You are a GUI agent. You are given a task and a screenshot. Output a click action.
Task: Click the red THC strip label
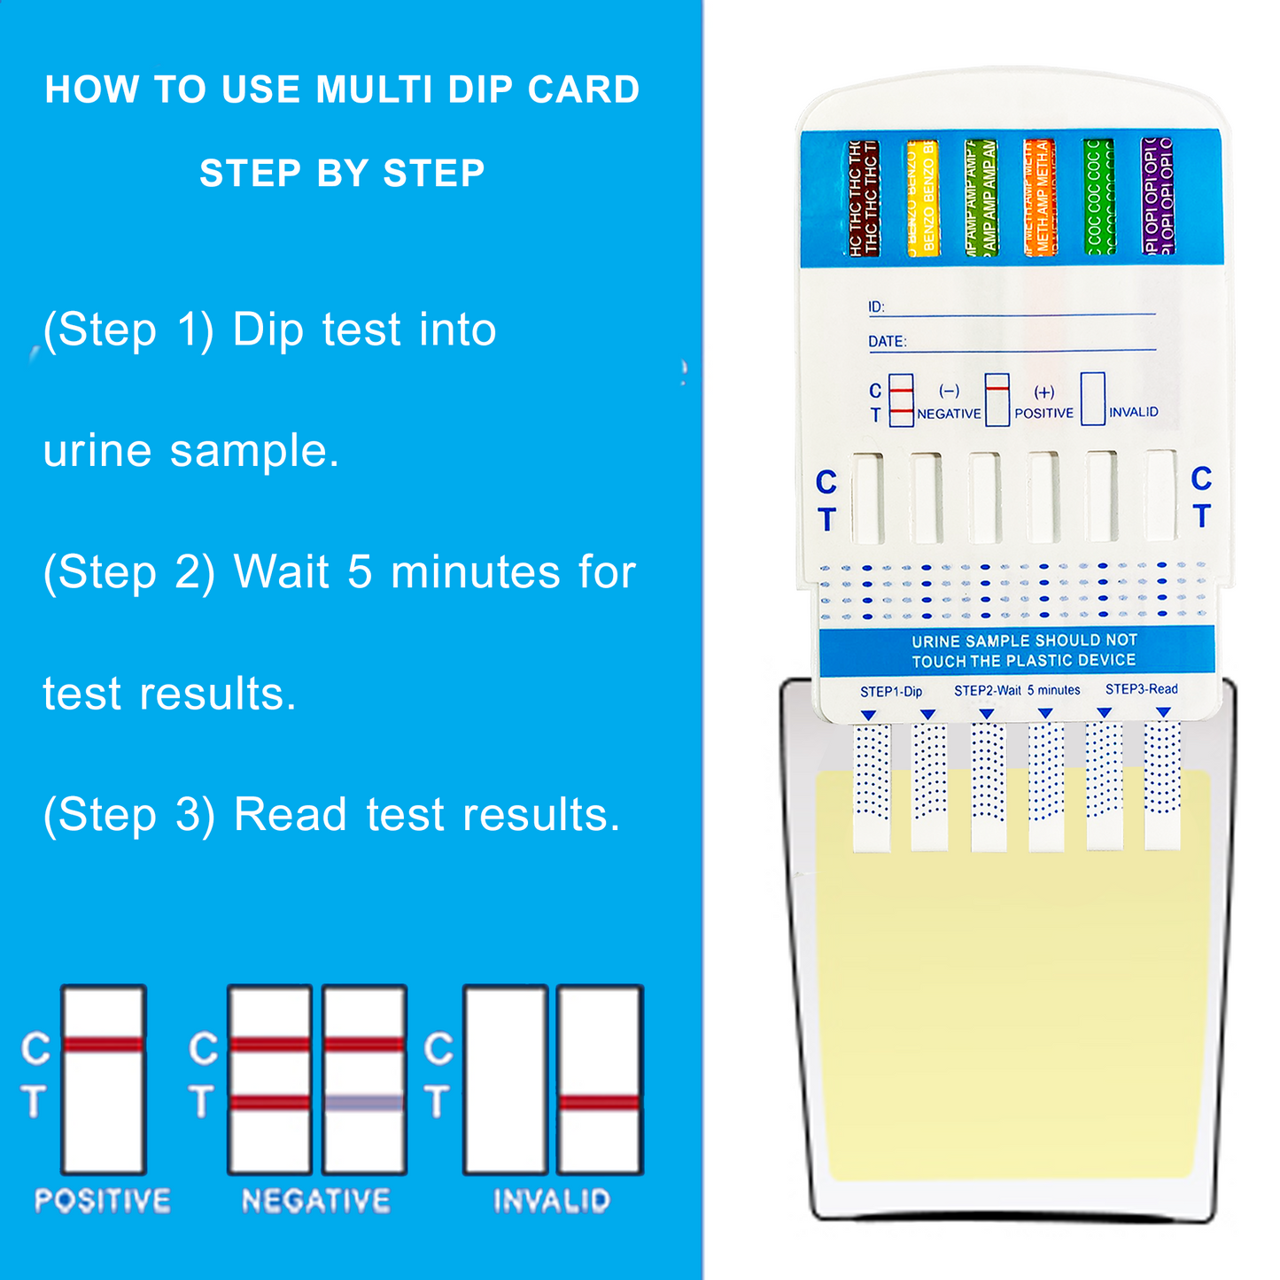point(862,198)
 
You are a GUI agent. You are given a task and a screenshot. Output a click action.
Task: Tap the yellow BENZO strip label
point(921,198)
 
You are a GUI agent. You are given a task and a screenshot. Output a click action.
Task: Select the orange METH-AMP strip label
point(1039,198)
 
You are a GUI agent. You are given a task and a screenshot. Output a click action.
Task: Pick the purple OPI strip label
point(1157,197)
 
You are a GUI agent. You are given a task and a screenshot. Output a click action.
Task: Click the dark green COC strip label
point(1098,198)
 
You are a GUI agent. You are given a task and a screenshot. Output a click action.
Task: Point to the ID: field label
point(876,307)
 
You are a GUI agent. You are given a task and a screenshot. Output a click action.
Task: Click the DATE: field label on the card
point(887,342)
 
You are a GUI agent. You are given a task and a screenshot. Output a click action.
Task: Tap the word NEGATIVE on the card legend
point(949,414)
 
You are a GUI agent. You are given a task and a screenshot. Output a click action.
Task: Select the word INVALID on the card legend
point(1133,413)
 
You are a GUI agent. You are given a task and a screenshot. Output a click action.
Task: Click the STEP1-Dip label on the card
point(891,691)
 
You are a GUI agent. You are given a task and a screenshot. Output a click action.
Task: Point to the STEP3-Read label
point(1141,689)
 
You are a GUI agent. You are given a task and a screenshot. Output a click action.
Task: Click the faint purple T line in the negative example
point(364,1103)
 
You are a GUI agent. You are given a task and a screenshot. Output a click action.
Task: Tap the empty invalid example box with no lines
point(505,1080)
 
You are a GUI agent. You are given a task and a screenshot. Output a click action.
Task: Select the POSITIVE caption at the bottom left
point(103,1201)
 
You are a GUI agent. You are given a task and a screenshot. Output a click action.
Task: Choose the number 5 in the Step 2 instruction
point(360,572)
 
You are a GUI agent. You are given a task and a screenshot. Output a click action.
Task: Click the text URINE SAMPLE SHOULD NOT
point(1024,640)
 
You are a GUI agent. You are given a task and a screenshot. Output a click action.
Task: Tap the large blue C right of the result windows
point(1201,478)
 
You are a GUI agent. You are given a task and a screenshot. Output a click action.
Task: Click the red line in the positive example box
point(104,1045)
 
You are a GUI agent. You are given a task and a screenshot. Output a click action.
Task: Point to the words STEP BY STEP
point(342,174)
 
